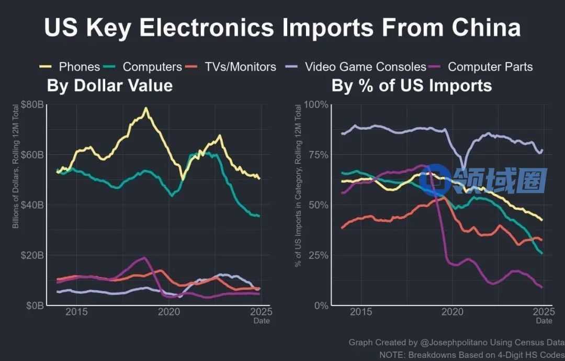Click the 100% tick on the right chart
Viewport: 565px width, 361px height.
click(316, 105)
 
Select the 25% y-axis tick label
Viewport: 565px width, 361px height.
click(318, 255)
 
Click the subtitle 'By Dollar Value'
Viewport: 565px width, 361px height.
click(110, 85)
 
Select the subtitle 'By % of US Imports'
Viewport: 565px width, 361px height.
click(412, 85)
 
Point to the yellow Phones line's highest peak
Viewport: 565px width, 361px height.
click(145, 108)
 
